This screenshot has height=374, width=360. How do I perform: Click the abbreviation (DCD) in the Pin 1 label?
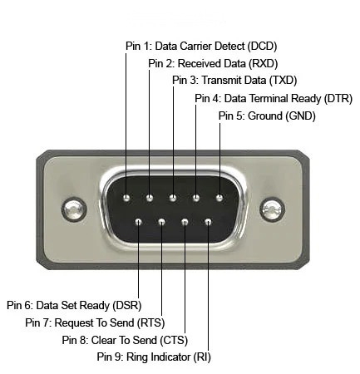262,46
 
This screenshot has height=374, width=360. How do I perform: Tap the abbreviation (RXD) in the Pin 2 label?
264,63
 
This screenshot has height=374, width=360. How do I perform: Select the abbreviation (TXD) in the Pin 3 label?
284,81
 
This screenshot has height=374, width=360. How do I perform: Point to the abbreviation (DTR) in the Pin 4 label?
338,98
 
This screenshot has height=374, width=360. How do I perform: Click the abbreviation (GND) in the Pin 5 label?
300,116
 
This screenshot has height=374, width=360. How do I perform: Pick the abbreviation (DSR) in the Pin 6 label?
127,305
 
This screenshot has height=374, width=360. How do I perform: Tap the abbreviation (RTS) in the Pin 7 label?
151,322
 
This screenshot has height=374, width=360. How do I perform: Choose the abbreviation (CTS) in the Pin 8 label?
174,340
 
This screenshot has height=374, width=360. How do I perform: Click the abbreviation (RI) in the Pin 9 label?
202,357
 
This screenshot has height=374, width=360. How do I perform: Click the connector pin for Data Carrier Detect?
126,198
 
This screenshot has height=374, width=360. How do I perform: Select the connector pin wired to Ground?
219,198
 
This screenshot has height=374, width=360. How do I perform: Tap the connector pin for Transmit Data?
173,198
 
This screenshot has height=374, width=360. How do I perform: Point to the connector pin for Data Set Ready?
139,222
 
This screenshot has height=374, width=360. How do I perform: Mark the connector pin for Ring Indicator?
208,222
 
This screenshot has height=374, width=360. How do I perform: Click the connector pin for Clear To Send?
185,222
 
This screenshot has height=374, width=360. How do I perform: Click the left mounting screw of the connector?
74,209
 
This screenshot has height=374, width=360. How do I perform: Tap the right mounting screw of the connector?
273,209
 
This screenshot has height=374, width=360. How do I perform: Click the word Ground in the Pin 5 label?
265,116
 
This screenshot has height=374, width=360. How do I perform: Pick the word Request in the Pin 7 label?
74,323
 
